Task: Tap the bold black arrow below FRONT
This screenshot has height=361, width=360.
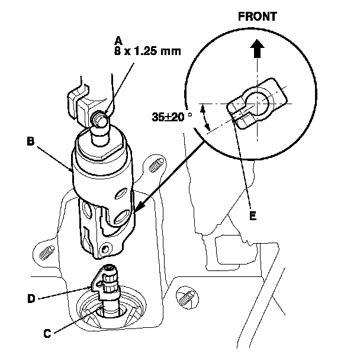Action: pyautogui.click(x=257, y=49)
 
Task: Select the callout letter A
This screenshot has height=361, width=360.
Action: pyautogui.click(x=118, y=40)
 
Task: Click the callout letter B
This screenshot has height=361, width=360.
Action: pyautogui.click(x=30, y=141)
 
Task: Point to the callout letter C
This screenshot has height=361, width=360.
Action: pyautogui.click(x=47, y=333)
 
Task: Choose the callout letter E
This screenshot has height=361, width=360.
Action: pyautogui.click(x=253, y=217)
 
